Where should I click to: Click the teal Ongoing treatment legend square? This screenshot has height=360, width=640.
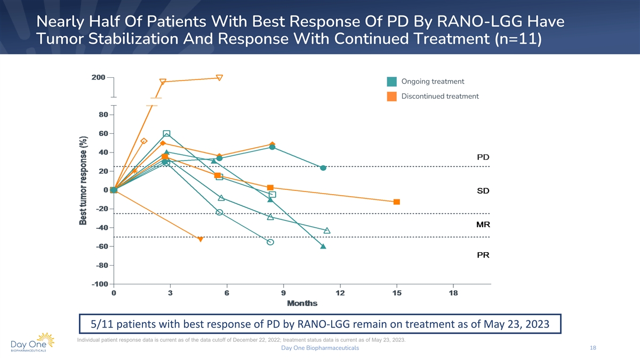(392, 82)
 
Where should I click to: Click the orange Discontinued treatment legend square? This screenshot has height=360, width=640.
(392, 97)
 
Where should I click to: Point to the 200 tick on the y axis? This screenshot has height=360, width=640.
(98, 77)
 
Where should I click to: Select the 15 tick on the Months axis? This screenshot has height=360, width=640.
(396, 293)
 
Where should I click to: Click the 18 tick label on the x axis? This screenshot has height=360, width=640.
(453, 293)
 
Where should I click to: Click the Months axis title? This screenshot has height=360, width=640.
(302, 303)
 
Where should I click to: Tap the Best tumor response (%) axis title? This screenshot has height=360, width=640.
(83, 179)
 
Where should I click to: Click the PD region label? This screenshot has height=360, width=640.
(483, 157)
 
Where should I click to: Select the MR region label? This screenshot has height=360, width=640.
(483, 225)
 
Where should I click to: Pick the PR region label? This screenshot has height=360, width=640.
(483, 255)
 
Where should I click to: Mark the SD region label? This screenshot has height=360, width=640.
(483, 190)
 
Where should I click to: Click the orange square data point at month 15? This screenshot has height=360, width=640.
(397, 202)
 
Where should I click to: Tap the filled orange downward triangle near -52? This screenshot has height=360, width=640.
(201, 239)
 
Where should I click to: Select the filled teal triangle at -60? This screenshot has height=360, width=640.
(323, 246)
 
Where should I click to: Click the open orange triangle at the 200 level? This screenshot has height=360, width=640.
(219, 78)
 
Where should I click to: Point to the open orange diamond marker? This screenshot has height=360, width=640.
(143, 141)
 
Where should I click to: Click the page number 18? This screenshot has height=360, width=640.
(593, 348)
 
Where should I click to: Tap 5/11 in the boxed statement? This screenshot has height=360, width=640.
(101, 325)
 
